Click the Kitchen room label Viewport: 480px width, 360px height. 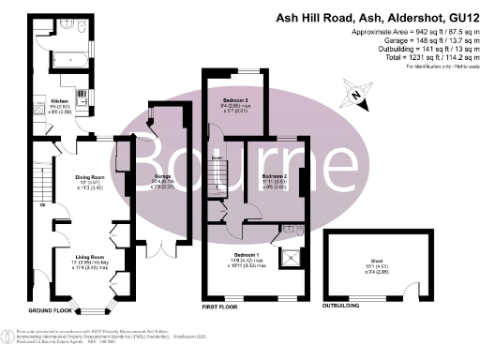point(58,99)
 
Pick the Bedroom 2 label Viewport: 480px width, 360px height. point(274,176)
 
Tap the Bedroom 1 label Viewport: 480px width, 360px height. point(242,255)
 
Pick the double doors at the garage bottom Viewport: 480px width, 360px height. point(163,248)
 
